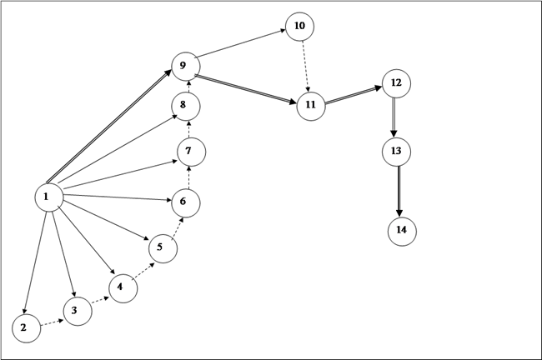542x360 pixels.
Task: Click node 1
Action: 49,197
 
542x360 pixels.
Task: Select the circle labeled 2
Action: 27,328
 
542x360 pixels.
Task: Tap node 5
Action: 163,248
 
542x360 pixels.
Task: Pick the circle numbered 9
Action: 186,67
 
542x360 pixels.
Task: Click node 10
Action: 299,27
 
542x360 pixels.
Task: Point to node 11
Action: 311,106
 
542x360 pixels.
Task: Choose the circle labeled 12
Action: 396,83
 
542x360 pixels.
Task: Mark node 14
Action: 402,231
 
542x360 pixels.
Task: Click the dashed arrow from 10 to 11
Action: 305,67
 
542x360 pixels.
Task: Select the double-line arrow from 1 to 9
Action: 109,127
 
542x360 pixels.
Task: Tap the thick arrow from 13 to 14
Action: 399,192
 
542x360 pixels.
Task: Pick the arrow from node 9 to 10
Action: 240,43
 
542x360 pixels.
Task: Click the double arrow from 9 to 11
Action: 246,89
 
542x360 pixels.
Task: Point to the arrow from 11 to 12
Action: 354,95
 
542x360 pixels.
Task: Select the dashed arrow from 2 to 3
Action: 52,322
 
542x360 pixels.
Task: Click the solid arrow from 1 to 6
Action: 118,197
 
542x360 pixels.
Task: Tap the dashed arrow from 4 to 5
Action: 143,271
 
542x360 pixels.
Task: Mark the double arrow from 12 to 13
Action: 394,117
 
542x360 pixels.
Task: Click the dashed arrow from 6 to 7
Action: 188,177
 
